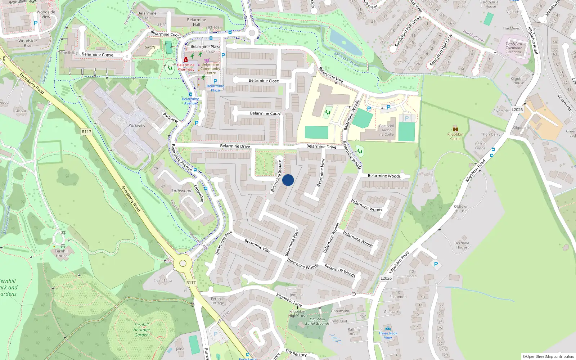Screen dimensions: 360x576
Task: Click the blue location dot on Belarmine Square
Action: point(288,180)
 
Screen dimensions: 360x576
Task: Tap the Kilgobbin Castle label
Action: point(455,136)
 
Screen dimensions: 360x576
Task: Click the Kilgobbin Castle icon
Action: point(455,129)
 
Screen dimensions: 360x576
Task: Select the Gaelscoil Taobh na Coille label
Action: point(386,130)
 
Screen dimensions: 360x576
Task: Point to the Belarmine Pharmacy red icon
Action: point(185,59)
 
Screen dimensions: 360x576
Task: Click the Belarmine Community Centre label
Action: point(210,69)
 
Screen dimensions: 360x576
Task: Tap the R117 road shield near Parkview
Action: point(86,132)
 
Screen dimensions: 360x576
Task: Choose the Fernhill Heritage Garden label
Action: point(141,330)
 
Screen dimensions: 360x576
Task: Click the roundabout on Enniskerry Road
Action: point(183,264)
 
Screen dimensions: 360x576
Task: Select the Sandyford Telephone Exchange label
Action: point(514,48)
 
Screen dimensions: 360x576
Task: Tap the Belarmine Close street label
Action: point(264,81)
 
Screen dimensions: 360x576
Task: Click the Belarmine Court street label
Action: point(265,113)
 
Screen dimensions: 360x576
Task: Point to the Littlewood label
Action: point(181,191)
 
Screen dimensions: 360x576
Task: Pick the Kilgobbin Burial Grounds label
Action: point(317,321)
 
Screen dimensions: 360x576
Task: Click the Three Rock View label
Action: point(388,335)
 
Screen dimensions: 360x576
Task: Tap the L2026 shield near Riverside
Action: point(517,110)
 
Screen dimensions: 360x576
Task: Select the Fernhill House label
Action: point(62,253)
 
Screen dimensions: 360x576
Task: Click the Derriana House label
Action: point(462,245)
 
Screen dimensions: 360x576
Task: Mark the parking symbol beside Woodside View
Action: point(35,23)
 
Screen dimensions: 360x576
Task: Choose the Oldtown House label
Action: point(461,209)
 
